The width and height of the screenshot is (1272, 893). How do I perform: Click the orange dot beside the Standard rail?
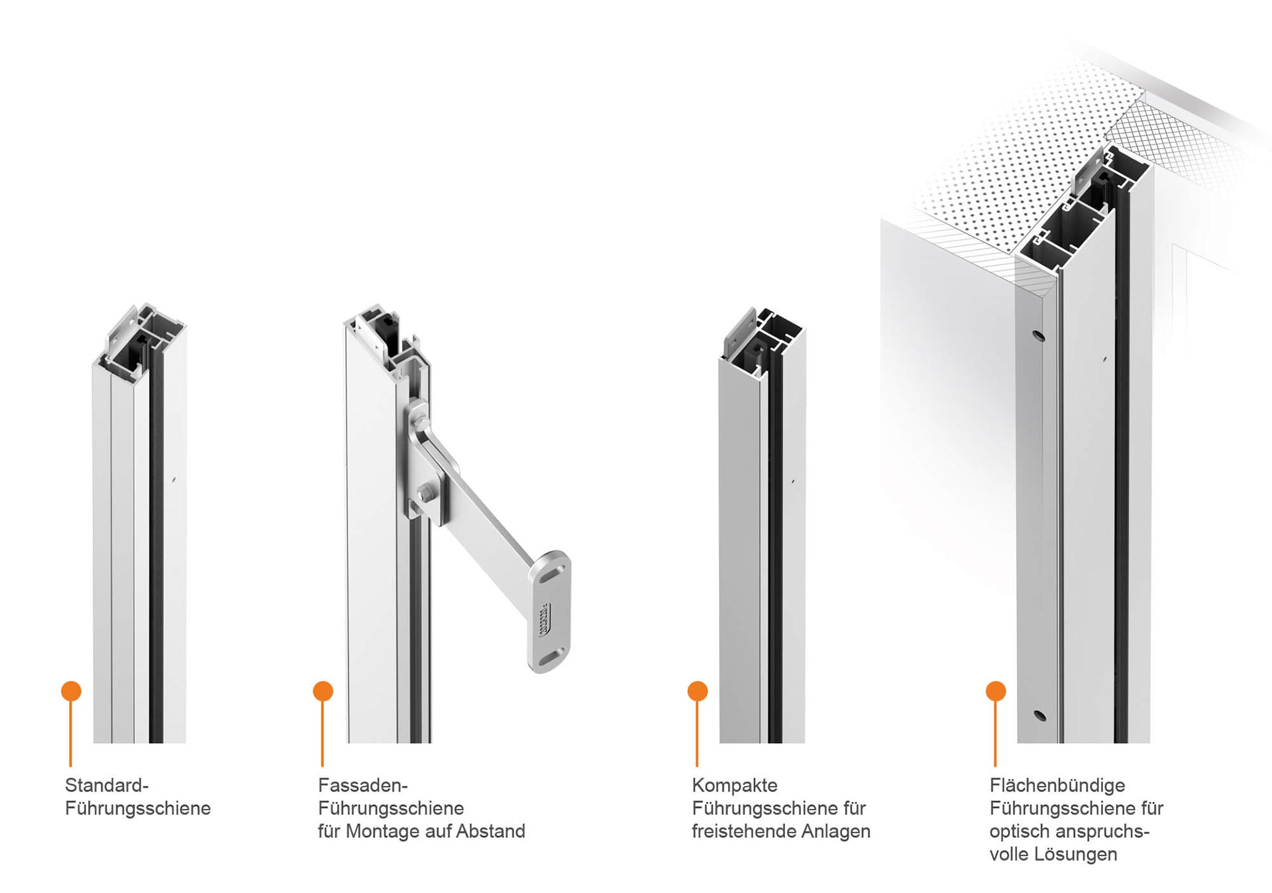tap(71, 691)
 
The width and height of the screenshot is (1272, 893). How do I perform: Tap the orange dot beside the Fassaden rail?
tap(323, 691)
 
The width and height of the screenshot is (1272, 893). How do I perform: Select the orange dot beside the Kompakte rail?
tap(697, 691)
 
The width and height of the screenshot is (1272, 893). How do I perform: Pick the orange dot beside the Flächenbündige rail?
tap(995, 691)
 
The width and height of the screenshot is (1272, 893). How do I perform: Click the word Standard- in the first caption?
tap(107, 786)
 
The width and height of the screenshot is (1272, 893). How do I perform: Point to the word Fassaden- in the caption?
tap(362, 786)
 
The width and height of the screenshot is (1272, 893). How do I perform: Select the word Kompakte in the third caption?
tap(735, 786)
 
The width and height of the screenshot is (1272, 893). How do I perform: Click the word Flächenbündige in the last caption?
tap(1057, 786)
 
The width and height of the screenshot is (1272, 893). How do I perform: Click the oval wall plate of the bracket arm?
tap(549, 611)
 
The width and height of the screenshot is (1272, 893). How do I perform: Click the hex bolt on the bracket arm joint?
tap(425, 495)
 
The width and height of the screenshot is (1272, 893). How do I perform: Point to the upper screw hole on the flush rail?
tap(1039, 335)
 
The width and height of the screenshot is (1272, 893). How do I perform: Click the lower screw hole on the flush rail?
tap(1039, 715)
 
